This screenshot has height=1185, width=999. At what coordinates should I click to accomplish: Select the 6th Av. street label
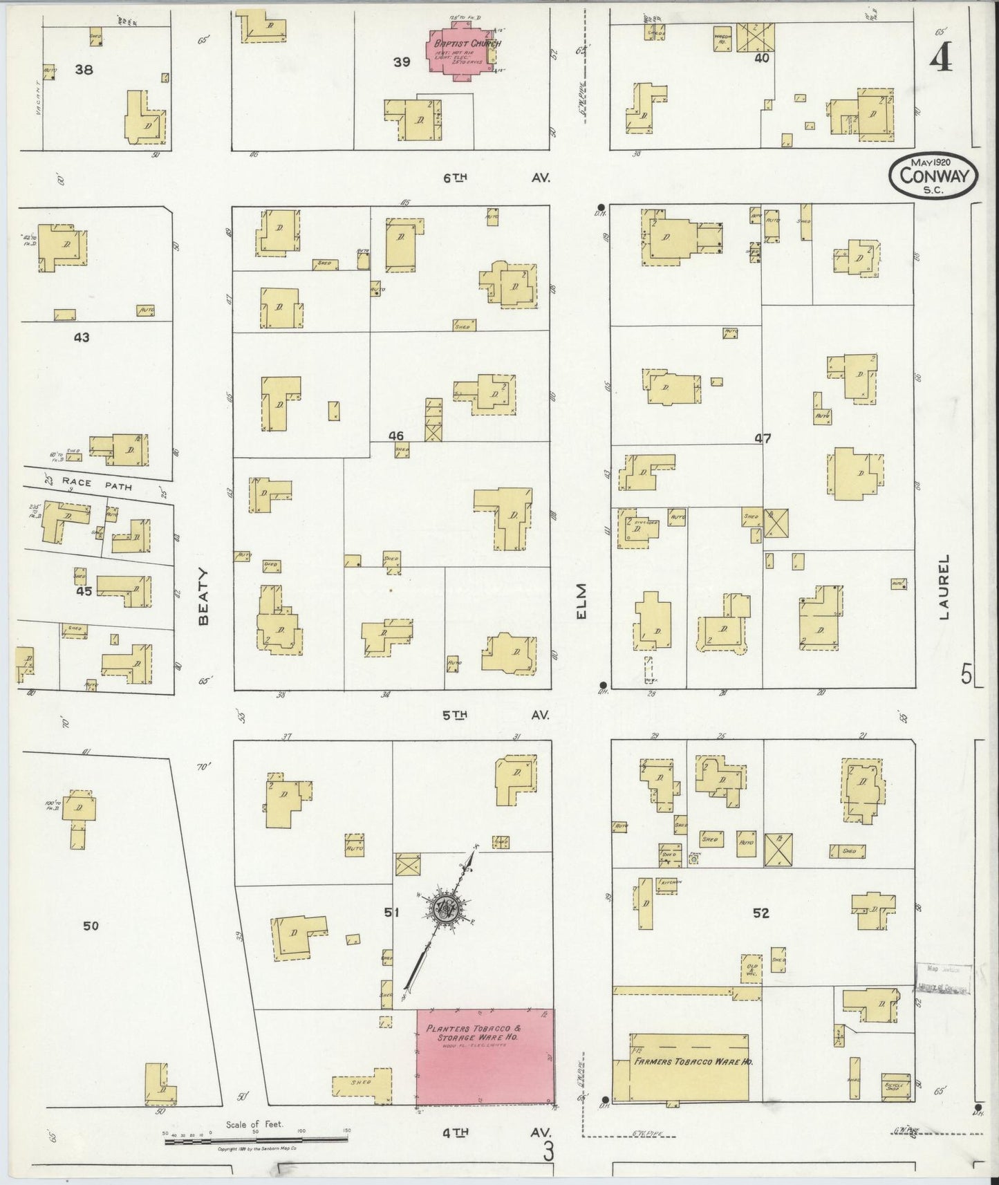[x=495, y=178]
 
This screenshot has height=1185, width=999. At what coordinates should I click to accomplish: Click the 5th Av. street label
[x=495, y=715]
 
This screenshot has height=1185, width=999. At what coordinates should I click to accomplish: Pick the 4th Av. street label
[x=495, y=1132]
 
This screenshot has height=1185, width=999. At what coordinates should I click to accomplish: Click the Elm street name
[x=581, y=601]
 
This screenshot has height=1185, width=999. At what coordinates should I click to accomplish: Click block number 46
[x=396, y=436]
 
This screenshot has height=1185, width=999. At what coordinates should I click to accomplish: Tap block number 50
[x=91, y=926]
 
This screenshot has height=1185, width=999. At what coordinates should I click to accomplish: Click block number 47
[x=763, y=438]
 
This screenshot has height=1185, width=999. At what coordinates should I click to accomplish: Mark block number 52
[x=760, y=913]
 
